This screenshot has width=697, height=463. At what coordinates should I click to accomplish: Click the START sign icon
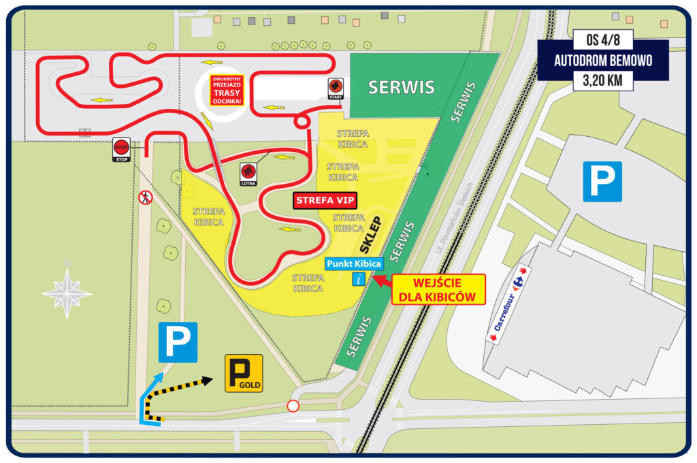point(336,86)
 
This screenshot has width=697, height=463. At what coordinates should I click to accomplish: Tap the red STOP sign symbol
point(121,147)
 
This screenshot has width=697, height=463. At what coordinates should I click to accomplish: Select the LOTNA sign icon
point(247,171)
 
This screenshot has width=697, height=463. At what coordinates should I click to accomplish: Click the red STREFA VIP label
point(326,202)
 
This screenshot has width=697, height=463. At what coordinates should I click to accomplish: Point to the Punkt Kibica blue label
point(353,264)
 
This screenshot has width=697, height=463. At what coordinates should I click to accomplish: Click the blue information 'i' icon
point(359,278)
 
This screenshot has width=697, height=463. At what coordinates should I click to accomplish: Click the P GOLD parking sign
point(243,373)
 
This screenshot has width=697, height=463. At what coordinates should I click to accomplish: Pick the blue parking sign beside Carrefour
point(602,181)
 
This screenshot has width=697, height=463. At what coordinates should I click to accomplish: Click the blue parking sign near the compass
point(178,342)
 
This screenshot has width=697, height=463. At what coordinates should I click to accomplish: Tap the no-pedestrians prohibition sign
point(145,198)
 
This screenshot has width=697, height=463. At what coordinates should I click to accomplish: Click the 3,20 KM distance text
point(602,80)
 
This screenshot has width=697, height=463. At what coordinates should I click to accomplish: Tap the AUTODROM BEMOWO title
point(602,60)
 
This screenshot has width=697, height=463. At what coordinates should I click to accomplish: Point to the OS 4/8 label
point(602,39)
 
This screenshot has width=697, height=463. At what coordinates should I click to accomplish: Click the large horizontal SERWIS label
point(401,87)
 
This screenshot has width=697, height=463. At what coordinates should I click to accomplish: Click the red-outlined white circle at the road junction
point(293,406)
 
